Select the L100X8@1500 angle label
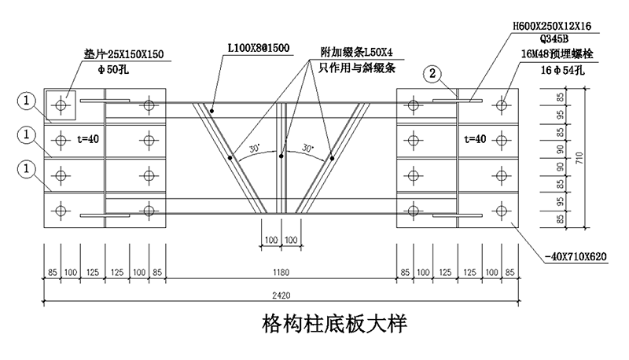click(259, 49)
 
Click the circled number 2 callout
click(432, 75)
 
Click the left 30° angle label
click(253, 148)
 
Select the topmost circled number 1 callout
click(27, 101)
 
